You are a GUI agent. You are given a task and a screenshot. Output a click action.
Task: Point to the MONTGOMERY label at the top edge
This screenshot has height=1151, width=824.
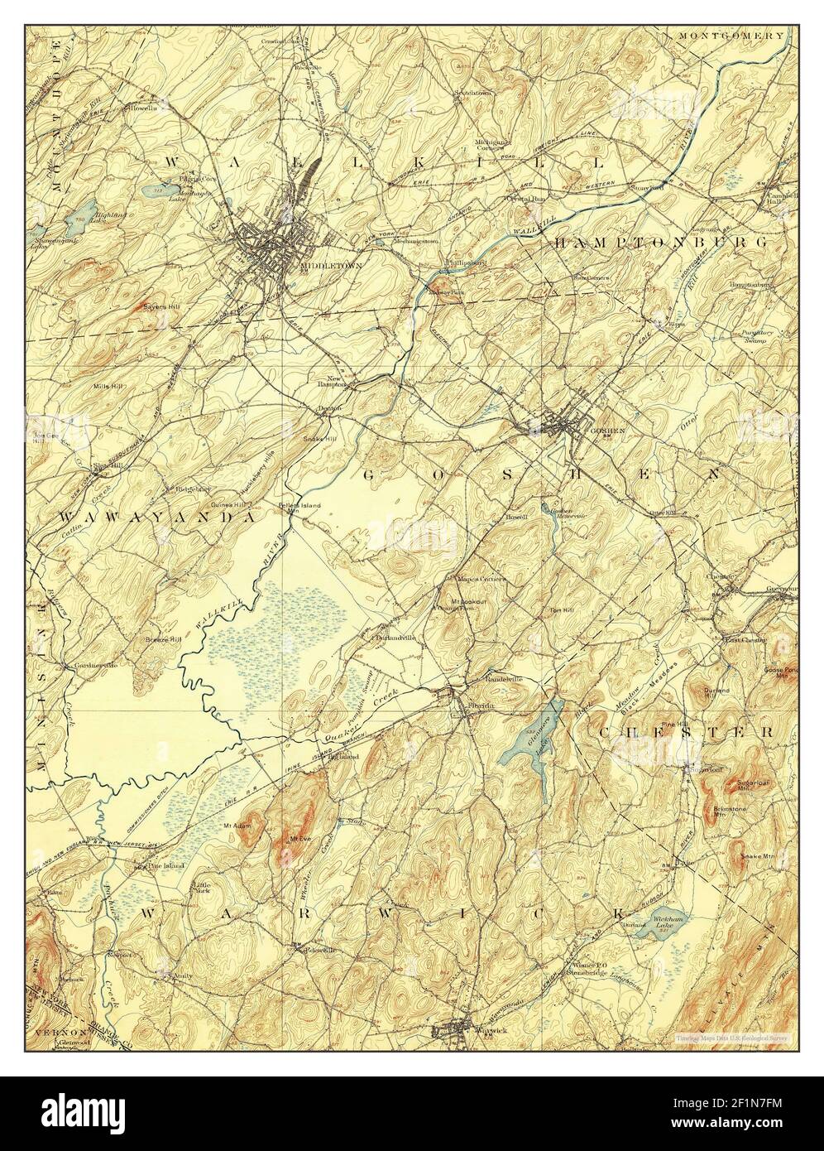click(x=731, y=36)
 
